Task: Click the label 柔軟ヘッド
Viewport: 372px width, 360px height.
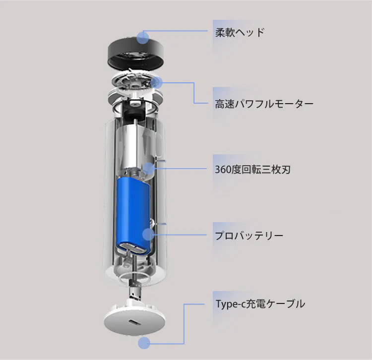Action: [x=240, y=33]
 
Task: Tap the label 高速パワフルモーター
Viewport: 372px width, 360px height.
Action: [x=264, y=104]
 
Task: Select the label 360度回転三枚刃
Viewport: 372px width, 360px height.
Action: [x=252, y=170]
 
